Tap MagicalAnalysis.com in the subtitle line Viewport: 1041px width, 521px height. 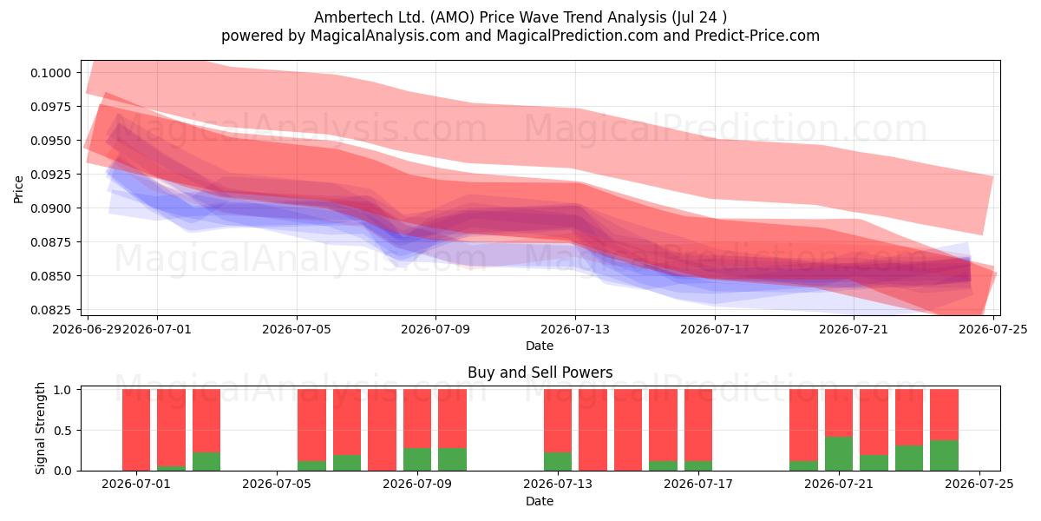pos(385,36)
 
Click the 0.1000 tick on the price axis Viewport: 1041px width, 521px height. pos(50,73)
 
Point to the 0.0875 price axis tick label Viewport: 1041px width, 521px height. pos(50,242)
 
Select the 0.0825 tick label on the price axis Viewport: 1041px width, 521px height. pos(50,310)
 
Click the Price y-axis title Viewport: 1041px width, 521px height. pos(18,189)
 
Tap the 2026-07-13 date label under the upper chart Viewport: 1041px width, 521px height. pos(575,330)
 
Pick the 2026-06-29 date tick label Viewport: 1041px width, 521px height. pos(88,330)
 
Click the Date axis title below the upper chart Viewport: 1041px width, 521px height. pos(540,346)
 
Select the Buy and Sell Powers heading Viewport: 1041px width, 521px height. pos(540,373)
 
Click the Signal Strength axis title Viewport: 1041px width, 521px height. pos(41,428)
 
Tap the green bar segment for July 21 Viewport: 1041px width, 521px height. pos(839,453)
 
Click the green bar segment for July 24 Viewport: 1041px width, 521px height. pos(945,455)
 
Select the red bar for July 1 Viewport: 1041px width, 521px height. pos(136,430)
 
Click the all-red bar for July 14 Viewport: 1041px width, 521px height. pos(593,430)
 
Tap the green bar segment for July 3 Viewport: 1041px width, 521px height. pos(206,461)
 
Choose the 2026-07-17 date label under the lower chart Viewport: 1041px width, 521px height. pos(698,485)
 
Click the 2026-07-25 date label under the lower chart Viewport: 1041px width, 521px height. pos(979,485)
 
